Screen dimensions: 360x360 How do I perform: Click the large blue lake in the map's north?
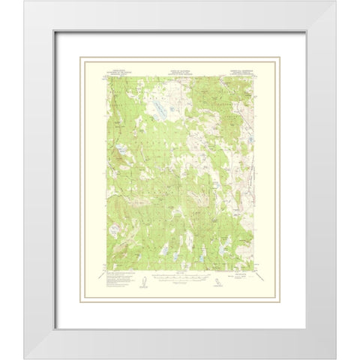(x=161, y=109)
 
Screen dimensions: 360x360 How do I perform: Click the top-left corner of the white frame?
(x=24, y=1)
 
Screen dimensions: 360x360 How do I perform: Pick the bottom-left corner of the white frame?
(x=24, y=358)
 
